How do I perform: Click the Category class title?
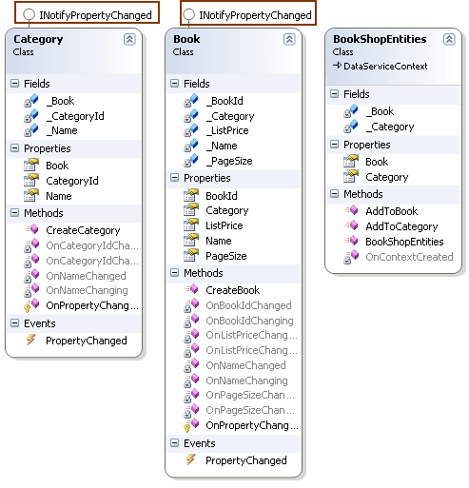point(38,40)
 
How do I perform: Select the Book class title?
point(187,40)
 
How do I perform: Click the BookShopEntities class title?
point(380,40)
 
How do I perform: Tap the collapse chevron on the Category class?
point(129,40)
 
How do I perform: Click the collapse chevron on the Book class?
point(289,40)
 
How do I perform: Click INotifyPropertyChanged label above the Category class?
point(95,15)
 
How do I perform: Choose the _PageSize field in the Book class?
point(229,162)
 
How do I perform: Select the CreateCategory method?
point(83,230)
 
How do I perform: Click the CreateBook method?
point(232,290)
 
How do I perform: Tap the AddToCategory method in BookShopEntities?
point(401,226)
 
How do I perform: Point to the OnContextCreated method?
point(409,257)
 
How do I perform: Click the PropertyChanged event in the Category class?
point(86,341)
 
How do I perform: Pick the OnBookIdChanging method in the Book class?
point(248,321)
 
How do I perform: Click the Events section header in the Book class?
point(199,443)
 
